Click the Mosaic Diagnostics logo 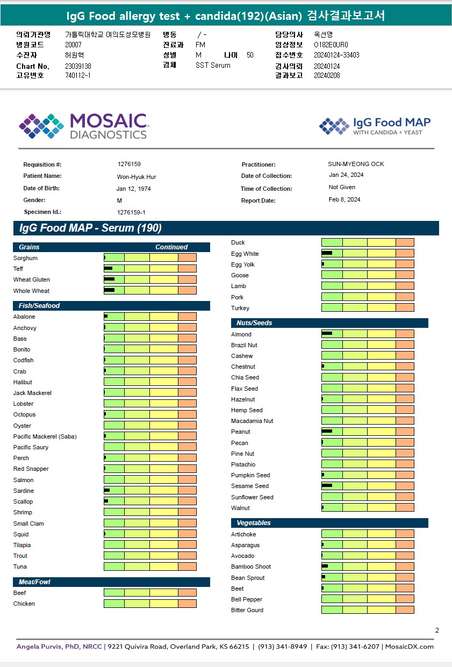coord(83,126)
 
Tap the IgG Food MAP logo coord(375,126)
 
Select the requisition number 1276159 coord(129,164)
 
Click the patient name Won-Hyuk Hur coord(137,176)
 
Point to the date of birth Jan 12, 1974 coord(134,189)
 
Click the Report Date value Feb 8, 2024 coord(345,199)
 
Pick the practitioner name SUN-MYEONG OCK coord(356,164)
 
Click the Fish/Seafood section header coord(40,306)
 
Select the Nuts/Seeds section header coord(255,323)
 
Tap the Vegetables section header coord(254,523)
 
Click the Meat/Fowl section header coord(34,582)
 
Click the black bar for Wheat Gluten coord(109,279)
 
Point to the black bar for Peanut coord(327,432)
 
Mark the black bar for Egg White coord(327,253)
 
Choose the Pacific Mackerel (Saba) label coord(45,436)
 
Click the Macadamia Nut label coord(252,421)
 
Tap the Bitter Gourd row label coord(247,610)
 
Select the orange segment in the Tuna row coord(187,566)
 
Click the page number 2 coord(437,630)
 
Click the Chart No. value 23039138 coord(78,66)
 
